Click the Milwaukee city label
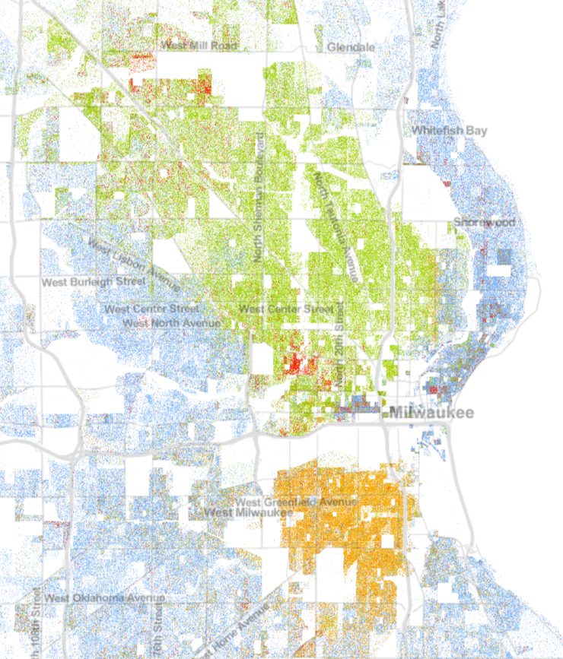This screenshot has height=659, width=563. coord(431,413)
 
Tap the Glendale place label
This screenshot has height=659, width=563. coord(351,47)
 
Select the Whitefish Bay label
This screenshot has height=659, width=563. coord(449,131)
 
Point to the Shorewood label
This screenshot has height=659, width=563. coord(484,222)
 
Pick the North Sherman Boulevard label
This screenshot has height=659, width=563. coord(259,198)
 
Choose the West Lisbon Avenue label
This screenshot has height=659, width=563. coord(134,265)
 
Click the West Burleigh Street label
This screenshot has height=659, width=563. coord(94,281)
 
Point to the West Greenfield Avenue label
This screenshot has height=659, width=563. coord(286,502)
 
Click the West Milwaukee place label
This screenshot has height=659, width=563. coord(250,513)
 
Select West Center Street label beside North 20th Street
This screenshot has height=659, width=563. coord(285,309)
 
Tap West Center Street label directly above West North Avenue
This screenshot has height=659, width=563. coord(151,309)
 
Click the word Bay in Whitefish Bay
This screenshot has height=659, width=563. coord(476,131)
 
